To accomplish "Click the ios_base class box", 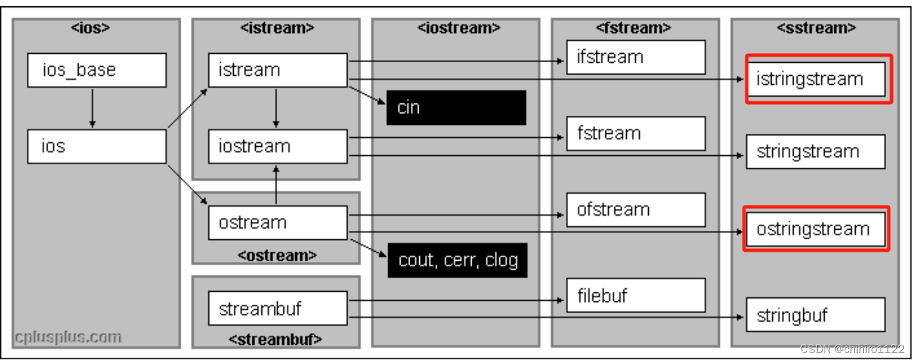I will (x=97, y=70).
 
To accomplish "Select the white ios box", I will (x=97, y=146).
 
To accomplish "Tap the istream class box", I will (x=277, y=70).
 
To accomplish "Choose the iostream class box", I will (x=277, y=146).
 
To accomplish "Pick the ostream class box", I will (x=277, y=223).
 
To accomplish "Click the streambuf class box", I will (x=277, y=308).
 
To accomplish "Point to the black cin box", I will (x=456, y=108).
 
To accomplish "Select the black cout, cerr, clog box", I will (x=457, y=260).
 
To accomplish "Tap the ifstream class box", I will (x=636, y=57).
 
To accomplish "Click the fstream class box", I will (x=636, y=133).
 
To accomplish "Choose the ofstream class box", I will (x=636, y=210).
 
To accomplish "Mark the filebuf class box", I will (x=636, y=295).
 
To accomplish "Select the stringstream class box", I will (x=815, y=152).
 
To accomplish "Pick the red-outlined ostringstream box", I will (x=816, y=229).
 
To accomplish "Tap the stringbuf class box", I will (x=815, y=316).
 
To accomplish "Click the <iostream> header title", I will (x=456, y=28).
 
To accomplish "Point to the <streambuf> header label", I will (x=276, y=339).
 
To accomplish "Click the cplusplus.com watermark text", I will (x=68, y=338).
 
